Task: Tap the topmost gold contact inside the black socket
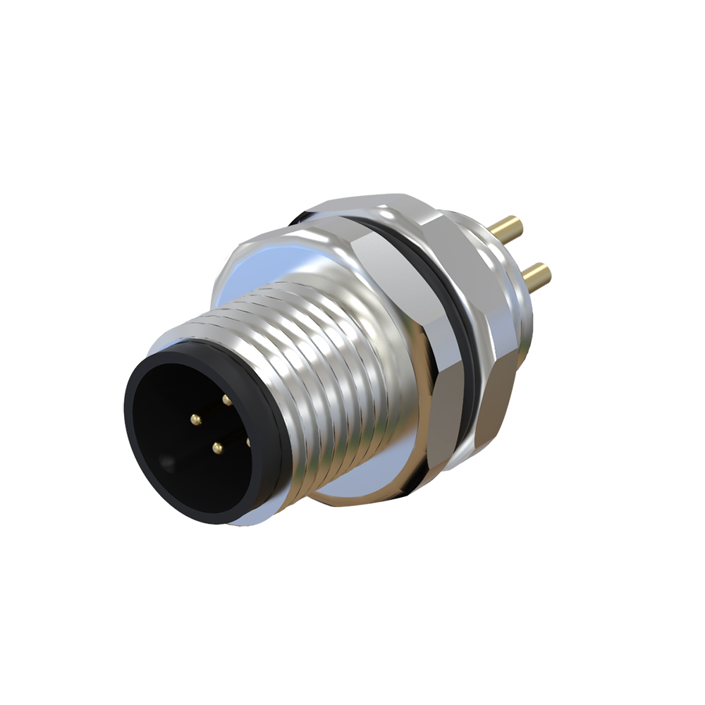(x=226, y=400)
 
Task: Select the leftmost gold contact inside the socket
(x=195, y=420)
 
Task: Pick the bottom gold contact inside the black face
(x=217, y=447)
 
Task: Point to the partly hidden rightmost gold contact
(x=248, y=441)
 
